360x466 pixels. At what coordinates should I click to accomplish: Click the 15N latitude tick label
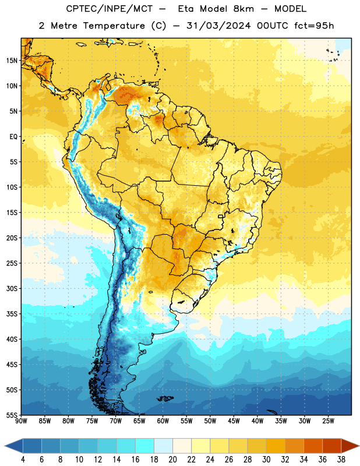click(x=12, y=61)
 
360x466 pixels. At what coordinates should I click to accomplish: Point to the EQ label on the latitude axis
click(x=13, y=137)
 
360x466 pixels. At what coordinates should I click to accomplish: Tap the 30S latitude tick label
click(x=12, y=288)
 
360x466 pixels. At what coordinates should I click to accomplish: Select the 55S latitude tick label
click(x=12, y=415)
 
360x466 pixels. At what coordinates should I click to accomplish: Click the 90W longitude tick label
click(x=21, y=421)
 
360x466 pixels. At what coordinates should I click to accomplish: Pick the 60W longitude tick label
click(x=163, y=421)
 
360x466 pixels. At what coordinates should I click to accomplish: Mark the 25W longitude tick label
click(x=328, y=421)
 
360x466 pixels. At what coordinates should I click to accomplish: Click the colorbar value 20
click(x=172, y=460)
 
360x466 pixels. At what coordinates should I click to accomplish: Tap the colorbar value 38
click(x=341, y=460)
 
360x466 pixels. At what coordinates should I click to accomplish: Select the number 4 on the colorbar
click(x=23, y=460)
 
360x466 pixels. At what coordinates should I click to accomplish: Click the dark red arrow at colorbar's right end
click(x=350, y=446)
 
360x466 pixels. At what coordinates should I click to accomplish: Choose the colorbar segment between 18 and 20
click(x=163, y=446)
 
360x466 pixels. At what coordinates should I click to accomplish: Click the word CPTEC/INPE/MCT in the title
click(x=109, y=9)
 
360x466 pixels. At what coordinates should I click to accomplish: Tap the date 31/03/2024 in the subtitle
click(x=218, y=26)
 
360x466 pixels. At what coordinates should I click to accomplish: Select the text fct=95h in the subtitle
click(x=314, y=26)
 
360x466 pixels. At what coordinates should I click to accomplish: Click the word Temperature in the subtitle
click(x=114, y=26)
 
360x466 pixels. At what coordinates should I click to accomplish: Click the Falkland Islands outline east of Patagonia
click(x=165, y=398)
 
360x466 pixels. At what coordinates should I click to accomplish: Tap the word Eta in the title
click(x=186, y=9)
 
